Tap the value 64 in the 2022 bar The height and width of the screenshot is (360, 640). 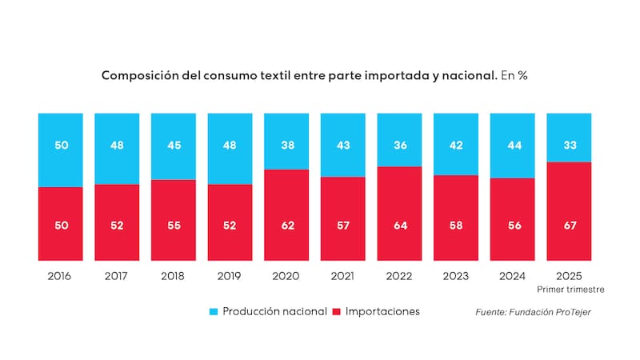pyautogui.click(x=399, y=226)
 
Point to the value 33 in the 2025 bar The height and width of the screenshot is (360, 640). pyautogui.click(x=569, y=146)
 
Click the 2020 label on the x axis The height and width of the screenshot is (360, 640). pyautogui.click(x=286, y=276)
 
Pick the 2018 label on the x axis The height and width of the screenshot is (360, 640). pyautogui.click(x=173, y=276)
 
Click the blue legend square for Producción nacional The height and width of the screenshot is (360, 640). pyautogui.click(x=214, y=311)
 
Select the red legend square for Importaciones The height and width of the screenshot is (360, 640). pyautogui.click(x=336, y=311)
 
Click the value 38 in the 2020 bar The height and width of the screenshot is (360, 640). pyautogui.click(x=286, y=146)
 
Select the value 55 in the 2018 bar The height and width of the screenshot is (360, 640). pyautogui.click(x=173, y=226)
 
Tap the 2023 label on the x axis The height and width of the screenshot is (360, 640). pyautogui.click(x=456, y=276)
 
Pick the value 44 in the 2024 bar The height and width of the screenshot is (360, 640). pyautogui.click(x=512, y=146)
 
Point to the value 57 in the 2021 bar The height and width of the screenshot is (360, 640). pyautogui.click(x=342, y=226)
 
